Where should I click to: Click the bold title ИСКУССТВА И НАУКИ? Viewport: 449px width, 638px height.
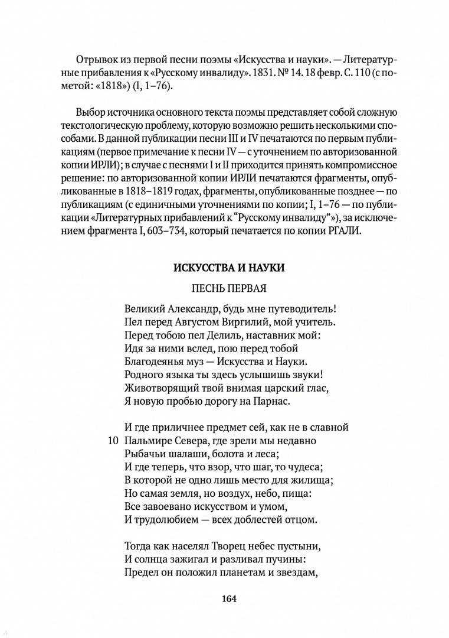pos(229,268)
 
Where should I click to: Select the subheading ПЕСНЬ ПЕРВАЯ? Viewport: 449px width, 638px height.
pos(229,289)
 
